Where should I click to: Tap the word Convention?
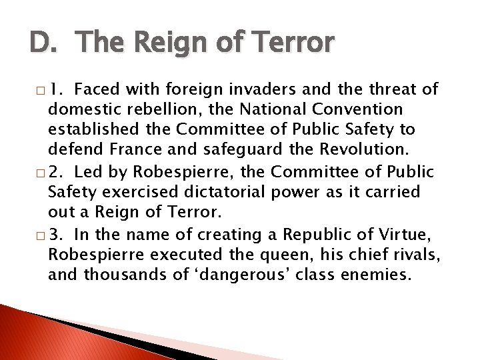(x=367, y=109)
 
